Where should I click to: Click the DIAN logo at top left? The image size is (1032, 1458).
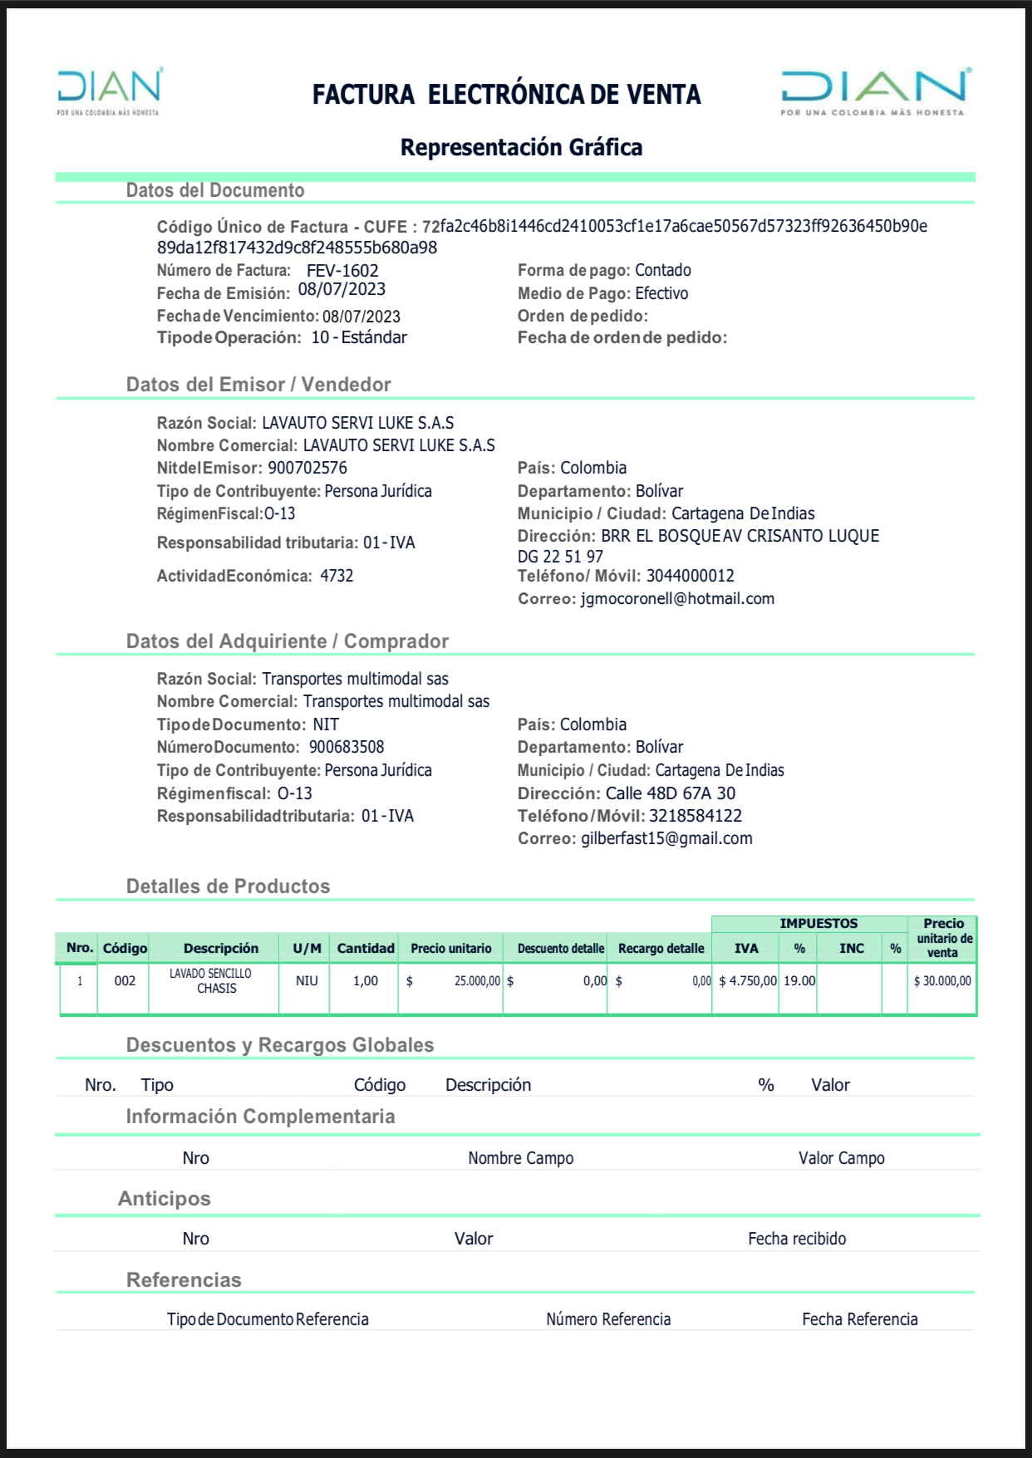[109, 91]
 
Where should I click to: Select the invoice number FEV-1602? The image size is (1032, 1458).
[342, 271]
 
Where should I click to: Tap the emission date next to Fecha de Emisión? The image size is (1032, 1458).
[342, 289]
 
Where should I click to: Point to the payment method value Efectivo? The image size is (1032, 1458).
[661, 293]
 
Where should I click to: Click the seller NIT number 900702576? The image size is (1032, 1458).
[307, 468]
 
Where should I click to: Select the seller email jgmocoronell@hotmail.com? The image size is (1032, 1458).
[677, 599]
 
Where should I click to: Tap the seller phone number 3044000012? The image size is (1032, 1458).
[690, 576]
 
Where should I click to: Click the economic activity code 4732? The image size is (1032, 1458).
[337, 576]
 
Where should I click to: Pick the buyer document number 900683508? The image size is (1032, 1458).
[346, 747]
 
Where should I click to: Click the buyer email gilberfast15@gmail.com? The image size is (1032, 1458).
[666, 838]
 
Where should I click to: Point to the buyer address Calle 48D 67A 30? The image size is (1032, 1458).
[670, 793]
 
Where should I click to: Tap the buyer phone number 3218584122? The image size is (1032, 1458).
[695, 816]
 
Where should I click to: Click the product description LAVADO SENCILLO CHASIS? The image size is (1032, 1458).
[213, 980]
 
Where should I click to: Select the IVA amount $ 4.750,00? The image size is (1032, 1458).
[748, 981]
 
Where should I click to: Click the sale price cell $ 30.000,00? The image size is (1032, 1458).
[942, 981]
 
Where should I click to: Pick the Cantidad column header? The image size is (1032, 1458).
[366, 948]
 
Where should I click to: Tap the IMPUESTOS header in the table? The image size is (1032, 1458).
[818, 923]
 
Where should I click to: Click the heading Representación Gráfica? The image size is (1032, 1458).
[521, 147]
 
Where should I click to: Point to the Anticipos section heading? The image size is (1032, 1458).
[164, 1198]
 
